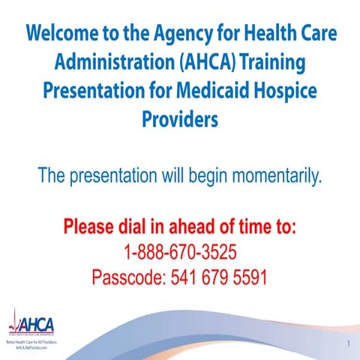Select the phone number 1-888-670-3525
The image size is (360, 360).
point(179,251)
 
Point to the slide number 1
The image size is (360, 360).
point(349,344)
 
